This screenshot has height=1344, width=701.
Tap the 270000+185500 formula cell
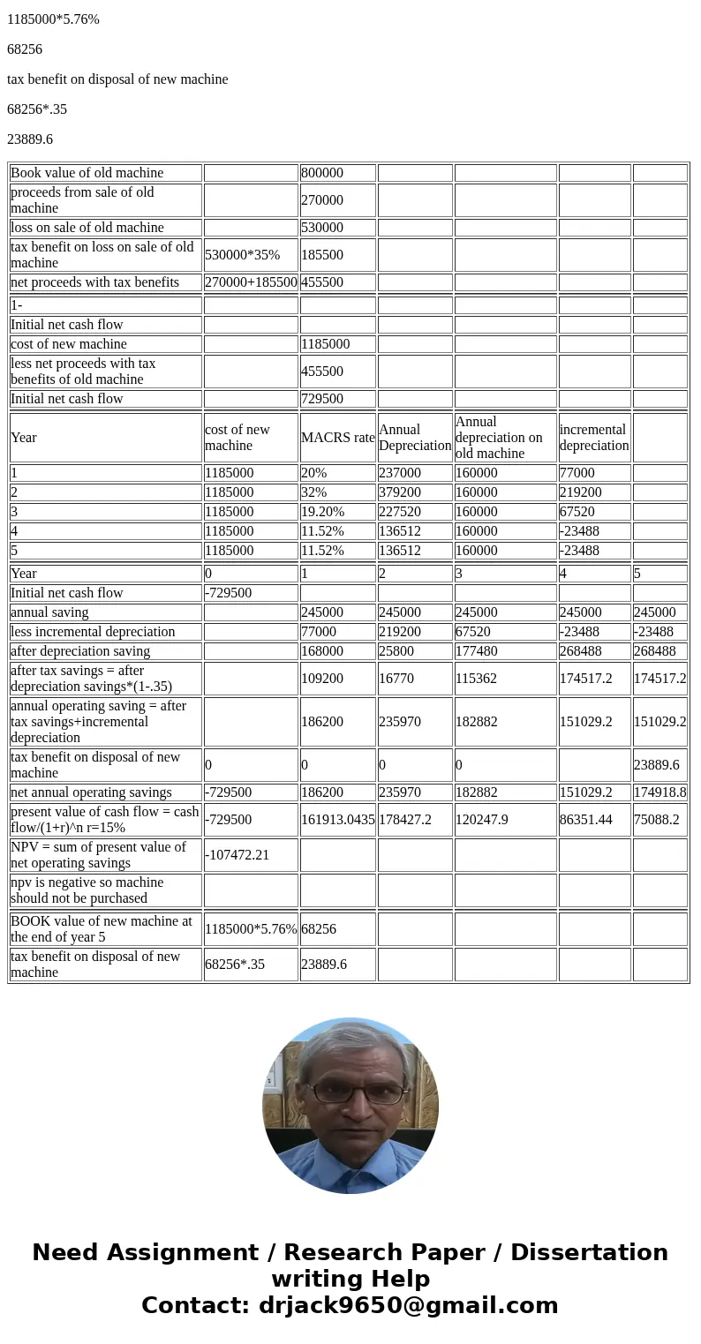coord(251,282)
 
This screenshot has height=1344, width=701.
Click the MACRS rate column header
coord(337,438)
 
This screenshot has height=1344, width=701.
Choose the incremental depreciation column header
coord(593,438)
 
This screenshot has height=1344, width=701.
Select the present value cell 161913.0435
coord(337,820)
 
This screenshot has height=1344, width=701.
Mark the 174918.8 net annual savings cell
coord(660,792)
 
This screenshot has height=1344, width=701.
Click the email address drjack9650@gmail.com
coord(408,1306)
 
